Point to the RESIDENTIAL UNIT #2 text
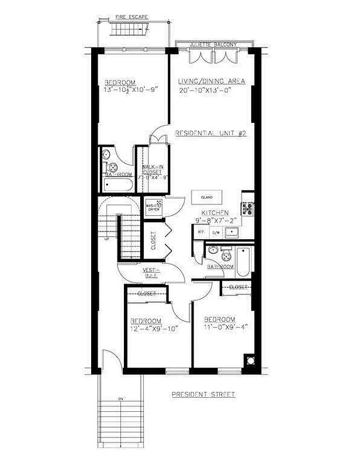(212, 133)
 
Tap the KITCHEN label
(215, 214)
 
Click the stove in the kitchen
(248, 207)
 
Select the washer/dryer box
(153, 207)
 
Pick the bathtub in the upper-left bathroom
(117, 185)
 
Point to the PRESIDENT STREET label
(203, 395)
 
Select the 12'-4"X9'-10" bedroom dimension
(154, 329)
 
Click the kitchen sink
(236, 233)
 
